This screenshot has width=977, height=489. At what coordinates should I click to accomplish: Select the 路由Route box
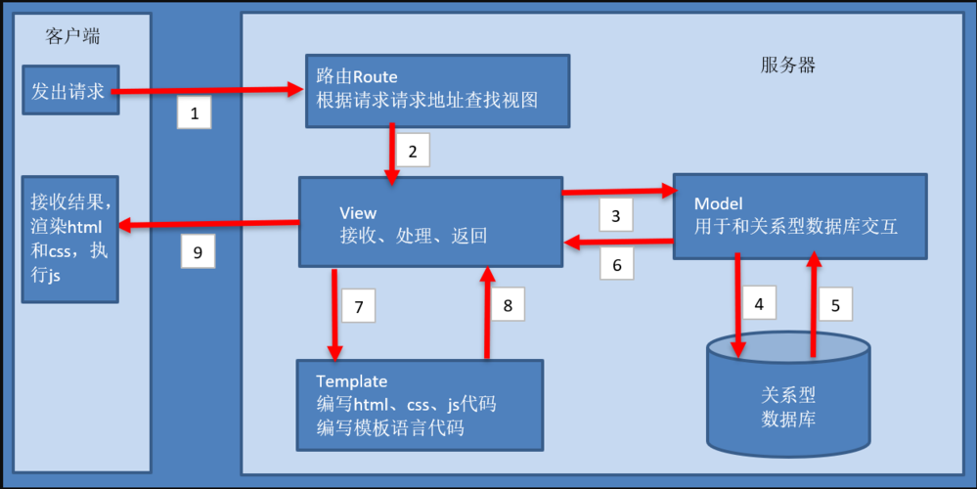click(436, 91)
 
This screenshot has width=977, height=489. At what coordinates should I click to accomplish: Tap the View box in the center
click(430, 222)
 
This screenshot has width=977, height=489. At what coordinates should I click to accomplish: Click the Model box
click(799, 216)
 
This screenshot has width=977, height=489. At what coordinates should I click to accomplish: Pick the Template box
click(420, 404)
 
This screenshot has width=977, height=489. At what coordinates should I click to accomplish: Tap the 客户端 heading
click(73, 37)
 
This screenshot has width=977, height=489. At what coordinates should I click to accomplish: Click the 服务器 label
click(787, 66)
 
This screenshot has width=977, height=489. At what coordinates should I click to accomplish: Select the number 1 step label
click(194, 114)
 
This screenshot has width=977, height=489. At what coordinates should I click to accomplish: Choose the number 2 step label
click(413, 152)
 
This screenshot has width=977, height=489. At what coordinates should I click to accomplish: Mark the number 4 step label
click(760, 304)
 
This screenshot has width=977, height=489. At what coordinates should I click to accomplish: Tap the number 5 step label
click(834, 304)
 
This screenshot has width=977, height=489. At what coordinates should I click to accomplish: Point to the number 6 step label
click(616, 264)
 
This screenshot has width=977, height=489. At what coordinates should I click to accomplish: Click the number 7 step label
click(359, 307)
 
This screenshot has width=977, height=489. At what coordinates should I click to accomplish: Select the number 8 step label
click(508, 305)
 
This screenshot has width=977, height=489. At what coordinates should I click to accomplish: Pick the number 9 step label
click(198, 252)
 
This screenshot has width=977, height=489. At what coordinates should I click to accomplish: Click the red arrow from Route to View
click(392, 153)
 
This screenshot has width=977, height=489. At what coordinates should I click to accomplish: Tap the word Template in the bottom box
click(352, 380)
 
